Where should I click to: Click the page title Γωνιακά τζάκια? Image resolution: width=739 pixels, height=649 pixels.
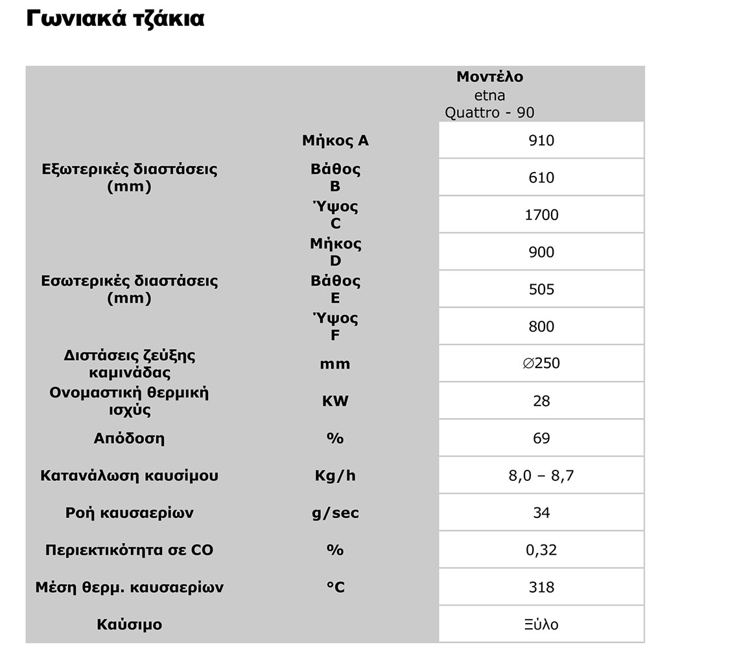[115, 19]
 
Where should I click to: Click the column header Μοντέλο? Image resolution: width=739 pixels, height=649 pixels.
[489, 77]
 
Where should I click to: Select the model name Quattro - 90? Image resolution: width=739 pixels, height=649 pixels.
[489, 112]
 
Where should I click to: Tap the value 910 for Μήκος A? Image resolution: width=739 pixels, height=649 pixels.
[541, 140]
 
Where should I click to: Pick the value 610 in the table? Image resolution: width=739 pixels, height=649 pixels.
[541, 177]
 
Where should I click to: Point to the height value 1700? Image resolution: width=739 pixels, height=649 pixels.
[541, 215]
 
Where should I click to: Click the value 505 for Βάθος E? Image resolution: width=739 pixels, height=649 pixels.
[541, 289]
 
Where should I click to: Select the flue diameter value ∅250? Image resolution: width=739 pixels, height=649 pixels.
[541, 363]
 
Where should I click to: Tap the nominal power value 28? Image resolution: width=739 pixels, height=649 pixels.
[541, 401]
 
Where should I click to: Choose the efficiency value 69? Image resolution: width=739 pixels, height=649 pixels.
[541, 438]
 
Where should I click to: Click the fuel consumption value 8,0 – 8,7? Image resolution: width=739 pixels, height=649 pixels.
[541, 476]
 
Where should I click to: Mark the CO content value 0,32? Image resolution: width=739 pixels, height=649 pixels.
[541, 550]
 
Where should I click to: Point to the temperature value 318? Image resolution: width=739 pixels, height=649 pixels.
[541, 587]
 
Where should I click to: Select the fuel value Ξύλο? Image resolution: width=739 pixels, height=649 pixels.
[541, 625]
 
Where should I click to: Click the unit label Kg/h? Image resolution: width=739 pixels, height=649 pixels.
[334, 476]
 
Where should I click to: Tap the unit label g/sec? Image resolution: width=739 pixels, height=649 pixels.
[334, 513]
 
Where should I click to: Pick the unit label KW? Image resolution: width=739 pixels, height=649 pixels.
[334, 401]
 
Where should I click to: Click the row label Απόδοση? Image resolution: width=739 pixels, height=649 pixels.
[129, 438]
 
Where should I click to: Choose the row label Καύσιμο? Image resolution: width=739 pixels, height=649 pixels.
[129, 625]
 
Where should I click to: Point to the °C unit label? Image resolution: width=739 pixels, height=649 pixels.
[334, 587]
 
